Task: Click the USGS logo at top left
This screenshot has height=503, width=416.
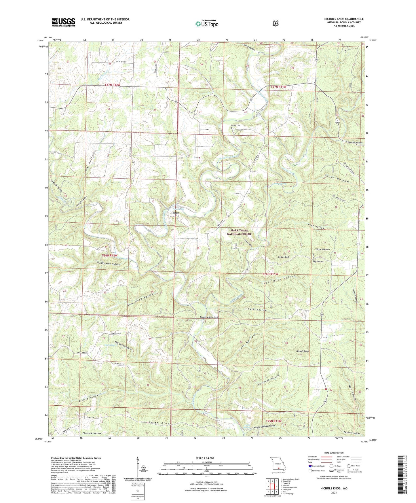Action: tap(63, 22)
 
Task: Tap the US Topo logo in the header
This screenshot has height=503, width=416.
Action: tap(207, 24)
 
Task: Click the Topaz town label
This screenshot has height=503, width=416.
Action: tap(175, 213)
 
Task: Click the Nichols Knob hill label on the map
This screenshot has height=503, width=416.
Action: tap(303, 351)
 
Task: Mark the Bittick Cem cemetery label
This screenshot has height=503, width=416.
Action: tap(235, 125)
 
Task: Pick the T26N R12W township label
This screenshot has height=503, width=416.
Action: tap(110, 256)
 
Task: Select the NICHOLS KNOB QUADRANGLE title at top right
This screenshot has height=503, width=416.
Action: tap(344, 19)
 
